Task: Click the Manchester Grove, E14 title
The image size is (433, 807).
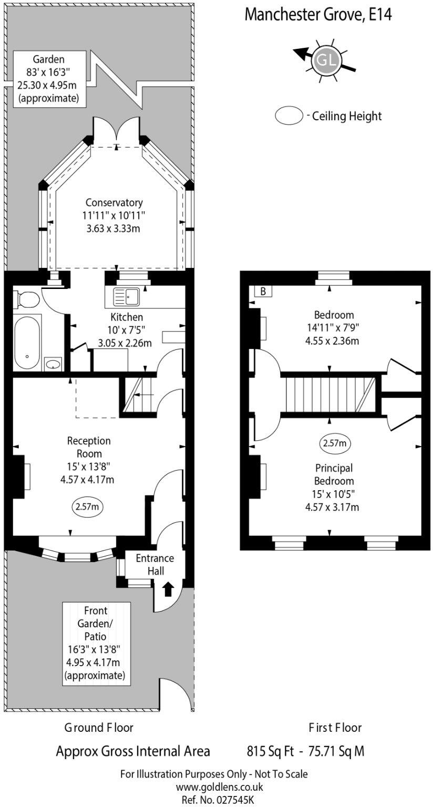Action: pyautogui.click(x=318, y=14)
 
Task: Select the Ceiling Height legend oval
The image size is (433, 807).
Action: pyautogui.click(x=289, y=116)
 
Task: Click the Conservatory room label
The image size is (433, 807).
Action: pyautogui.click(x=114, y=202)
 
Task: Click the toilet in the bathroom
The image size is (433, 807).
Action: pyautogui.click(x=26, y=300)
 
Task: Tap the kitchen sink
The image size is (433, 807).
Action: pyautogui.click(x=126, y=297)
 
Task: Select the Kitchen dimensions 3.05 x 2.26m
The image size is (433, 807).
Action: pyautogui.click(x=125, y=344)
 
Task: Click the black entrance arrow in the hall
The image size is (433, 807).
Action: pyautogui.click(x=168, y=589)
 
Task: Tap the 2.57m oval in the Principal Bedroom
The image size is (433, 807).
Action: pyautogui.click(x=335, y=443)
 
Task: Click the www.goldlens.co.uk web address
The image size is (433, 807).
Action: pyautogui.click(x=219, y=787)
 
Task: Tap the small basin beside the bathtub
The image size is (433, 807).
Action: pyautogui.click(x=53, y=363)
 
